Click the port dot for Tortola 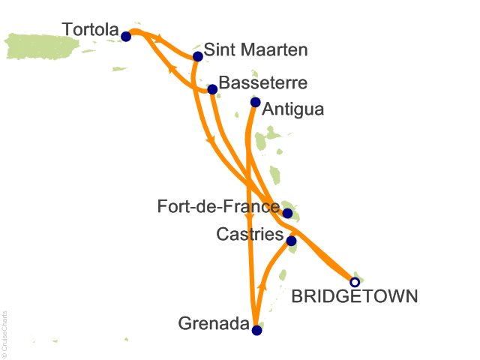[x=126, y=36]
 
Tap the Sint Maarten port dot [x=198, y=56]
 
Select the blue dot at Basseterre [x=212, y=89]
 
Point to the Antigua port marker [x=255, y=102]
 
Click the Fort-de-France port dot [x=287, y=213]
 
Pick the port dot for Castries [x=291, y=241]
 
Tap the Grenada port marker [x=256, y=330]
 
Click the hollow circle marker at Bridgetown [x=355, y=282]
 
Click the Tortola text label [x=90, y=31]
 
